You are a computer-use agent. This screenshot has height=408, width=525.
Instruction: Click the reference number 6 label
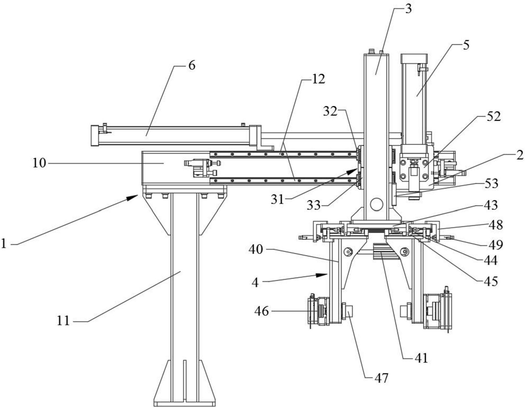(x=191, y=65)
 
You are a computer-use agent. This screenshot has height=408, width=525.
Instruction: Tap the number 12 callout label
(x=318, y=79)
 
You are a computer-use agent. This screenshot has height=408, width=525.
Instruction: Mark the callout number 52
(x=493, y=116)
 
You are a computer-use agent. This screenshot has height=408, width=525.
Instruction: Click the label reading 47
(x=380, y=378)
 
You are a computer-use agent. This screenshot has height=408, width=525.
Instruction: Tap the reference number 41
(x=420, y=359)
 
